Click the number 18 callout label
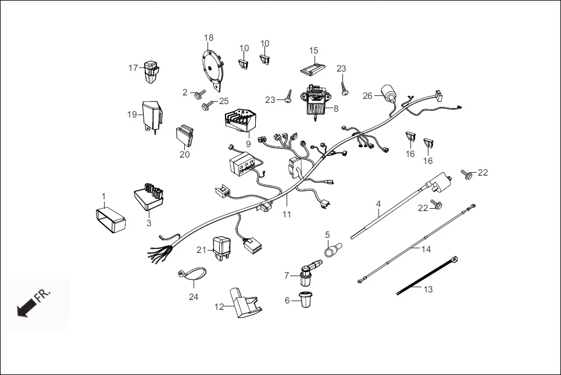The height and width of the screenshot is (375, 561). [209, 38]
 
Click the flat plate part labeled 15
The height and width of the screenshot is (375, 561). [313, 69]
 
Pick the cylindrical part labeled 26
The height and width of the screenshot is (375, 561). [388, 93]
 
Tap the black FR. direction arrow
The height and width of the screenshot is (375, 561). [24, 307]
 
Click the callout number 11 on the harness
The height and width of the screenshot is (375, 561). [287, 215]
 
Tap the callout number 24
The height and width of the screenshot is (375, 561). [194, 297]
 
